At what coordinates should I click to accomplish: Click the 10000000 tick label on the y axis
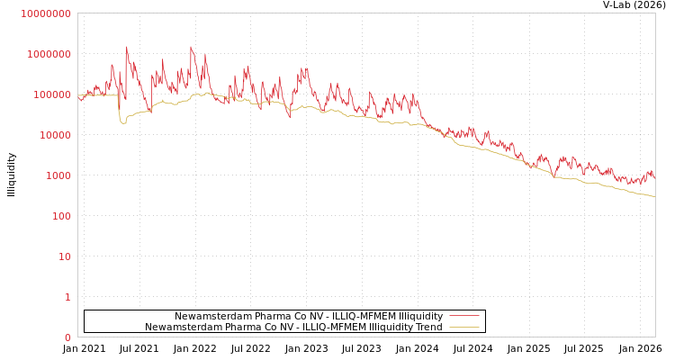coord(45,13)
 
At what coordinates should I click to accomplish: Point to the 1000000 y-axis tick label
coord(49,54)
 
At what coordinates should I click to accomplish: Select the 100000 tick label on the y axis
coord(51,94)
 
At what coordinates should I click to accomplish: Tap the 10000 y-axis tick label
coord(54,135)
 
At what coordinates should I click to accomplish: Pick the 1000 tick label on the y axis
coord(57,175)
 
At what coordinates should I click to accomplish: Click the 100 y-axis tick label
coord(60,216)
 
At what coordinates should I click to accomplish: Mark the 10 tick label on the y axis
coord(65,256)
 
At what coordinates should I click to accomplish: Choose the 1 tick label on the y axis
coord(67,297)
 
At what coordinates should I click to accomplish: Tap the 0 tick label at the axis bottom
coord(67,337)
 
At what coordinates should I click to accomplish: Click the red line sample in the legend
coord(463,316)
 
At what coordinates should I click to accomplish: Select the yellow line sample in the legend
coord(463,327)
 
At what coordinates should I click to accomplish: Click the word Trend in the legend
coord(428,327)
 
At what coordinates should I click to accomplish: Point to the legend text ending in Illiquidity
coord(308,316)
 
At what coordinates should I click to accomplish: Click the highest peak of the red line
coord(127,47)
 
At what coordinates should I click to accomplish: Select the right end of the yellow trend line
coord(654,196)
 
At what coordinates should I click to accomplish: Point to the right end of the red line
coord(654,178)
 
